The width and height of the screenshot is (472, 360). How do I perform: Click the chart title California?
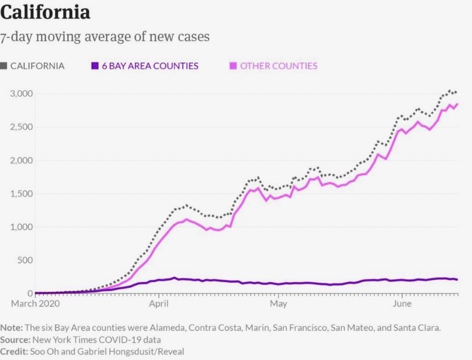(x=45, y=13)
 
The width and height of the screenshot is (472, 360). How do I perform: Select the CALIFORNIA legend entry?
(x=37, y=66)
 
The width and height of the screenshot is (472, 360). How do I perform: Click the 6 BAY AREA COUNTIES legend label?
(x=150, y=66)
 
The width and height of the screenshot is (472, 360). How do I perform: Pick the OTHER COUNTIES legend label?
(x=278, y=66)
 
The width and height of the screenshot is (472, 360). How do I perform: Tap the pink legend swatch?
(x=233, y=66)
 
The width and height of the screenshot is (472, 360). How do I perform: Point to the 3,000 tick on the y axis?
(x=22, y=93)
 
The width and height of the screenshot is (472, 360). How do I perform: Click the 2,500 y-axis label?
(x=22, y=126)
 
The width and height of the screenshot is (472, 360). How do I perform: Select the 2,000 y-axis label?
(x=22, y=160)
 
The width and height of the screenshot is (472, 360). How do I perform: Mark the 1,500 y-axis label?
(x=22, y=194)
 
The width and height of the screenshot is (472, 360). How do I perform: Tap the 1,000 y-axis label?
(x=22, y=227)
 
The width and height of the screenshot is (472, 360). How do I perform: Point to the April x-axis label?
(x=159, y=304)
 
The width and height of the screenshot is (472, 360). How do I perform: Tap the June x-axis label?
(x=402, y=304)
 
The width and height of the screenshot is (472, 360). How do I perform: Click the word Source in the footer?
(x=15, y=340)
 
